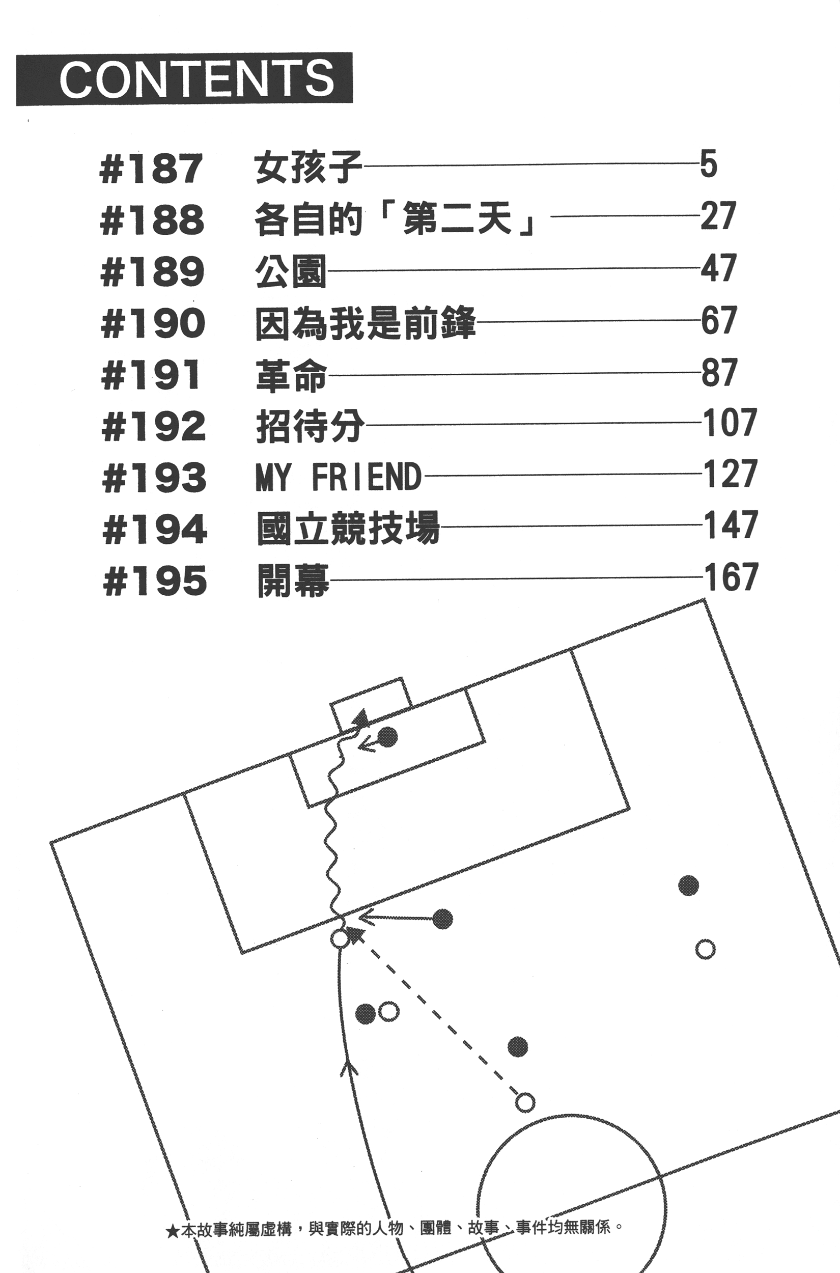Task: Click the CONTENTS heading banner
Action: (x=184, y=79)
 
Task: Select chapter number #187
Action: (x=151, y=168)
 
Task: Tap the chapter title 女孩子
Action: (x=308, y=167)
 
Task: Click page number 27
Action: (x=718, y=216)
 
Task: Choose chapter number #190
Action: (x=153, y=323)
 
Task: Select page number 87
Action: (x=719, y=372)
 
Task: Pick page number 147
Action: (x=730, y=525)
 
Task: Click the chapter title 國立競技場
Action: (x=348, y=528)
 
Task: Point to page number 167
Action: (x=731, y=577)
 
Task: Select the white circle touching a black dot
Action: (x=388, y=1012)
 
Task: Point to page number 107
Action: (x=729, y=423)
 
